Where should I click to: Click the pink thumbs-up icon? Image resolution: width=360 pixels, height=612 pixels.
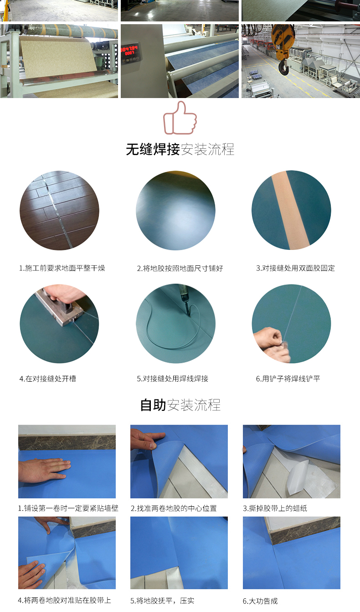[180, 118]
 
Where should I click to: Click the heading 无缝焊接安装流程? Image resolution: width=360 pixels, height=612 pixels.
[180, 149]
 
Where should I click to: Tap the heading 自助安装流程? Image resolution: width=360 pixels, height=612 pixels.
[180, 405]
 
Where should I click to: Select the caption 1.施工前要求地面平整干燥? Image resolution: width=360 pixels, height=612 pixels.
[62, 268]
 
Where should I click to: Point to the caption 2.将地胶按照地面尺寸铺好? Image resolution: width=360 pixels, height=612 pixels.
[180, 268]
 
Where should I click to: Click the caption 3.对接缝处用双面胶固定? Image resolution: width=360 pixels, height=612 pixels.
[295, 268]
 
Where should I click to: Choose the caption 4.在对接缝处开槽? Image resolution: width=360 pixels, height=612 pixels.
[48, 379]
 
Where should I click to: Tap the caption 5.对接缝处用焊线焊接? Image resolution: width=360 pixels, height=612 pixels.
[173, 379]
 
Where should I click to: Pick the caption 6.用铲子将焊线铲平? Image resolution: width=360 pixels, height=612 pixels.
[288, 379]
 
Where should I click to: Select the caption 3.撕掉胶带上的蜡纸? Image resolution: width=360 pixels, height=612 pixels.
[275, 508]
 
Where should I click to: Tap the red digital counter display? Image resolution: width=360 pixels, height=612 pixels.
[129, 51]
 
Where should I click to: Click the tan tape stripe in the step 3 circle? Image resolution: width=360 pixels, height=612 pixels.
[290, 210]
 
